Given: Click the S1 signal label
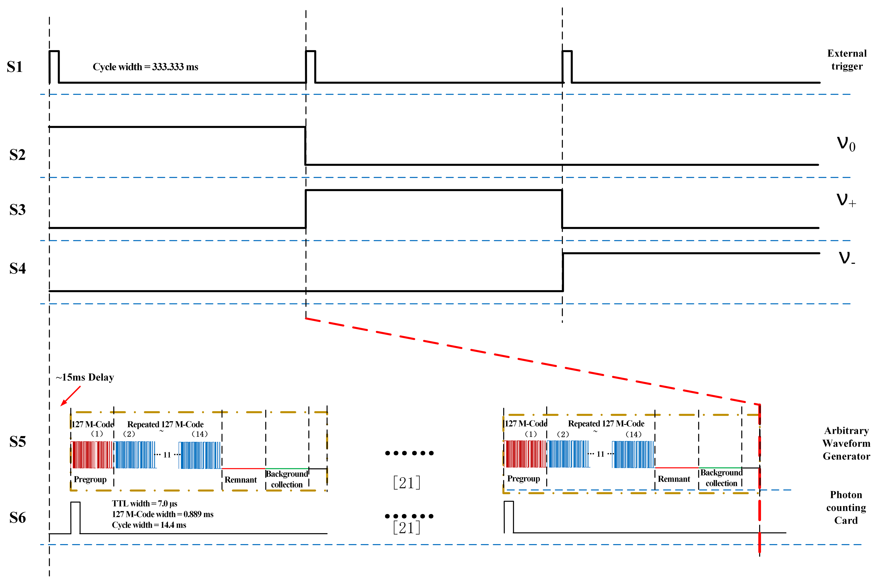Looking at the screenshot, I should (15, 67).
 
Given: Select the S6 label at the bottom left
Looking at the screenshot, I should (18, 518).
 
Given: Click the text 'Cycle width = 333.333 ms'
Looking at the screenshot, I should (146, 67).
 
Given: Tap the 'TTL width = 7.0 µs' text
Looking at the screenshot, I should (145, 504).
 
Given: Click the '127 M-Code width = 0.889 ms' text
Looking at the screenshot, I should (163, 514).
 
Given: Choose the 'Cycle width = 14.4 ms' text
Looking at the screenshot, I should (149, 525).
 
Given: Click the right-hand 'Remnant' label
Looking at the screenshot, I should (674, 479).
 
